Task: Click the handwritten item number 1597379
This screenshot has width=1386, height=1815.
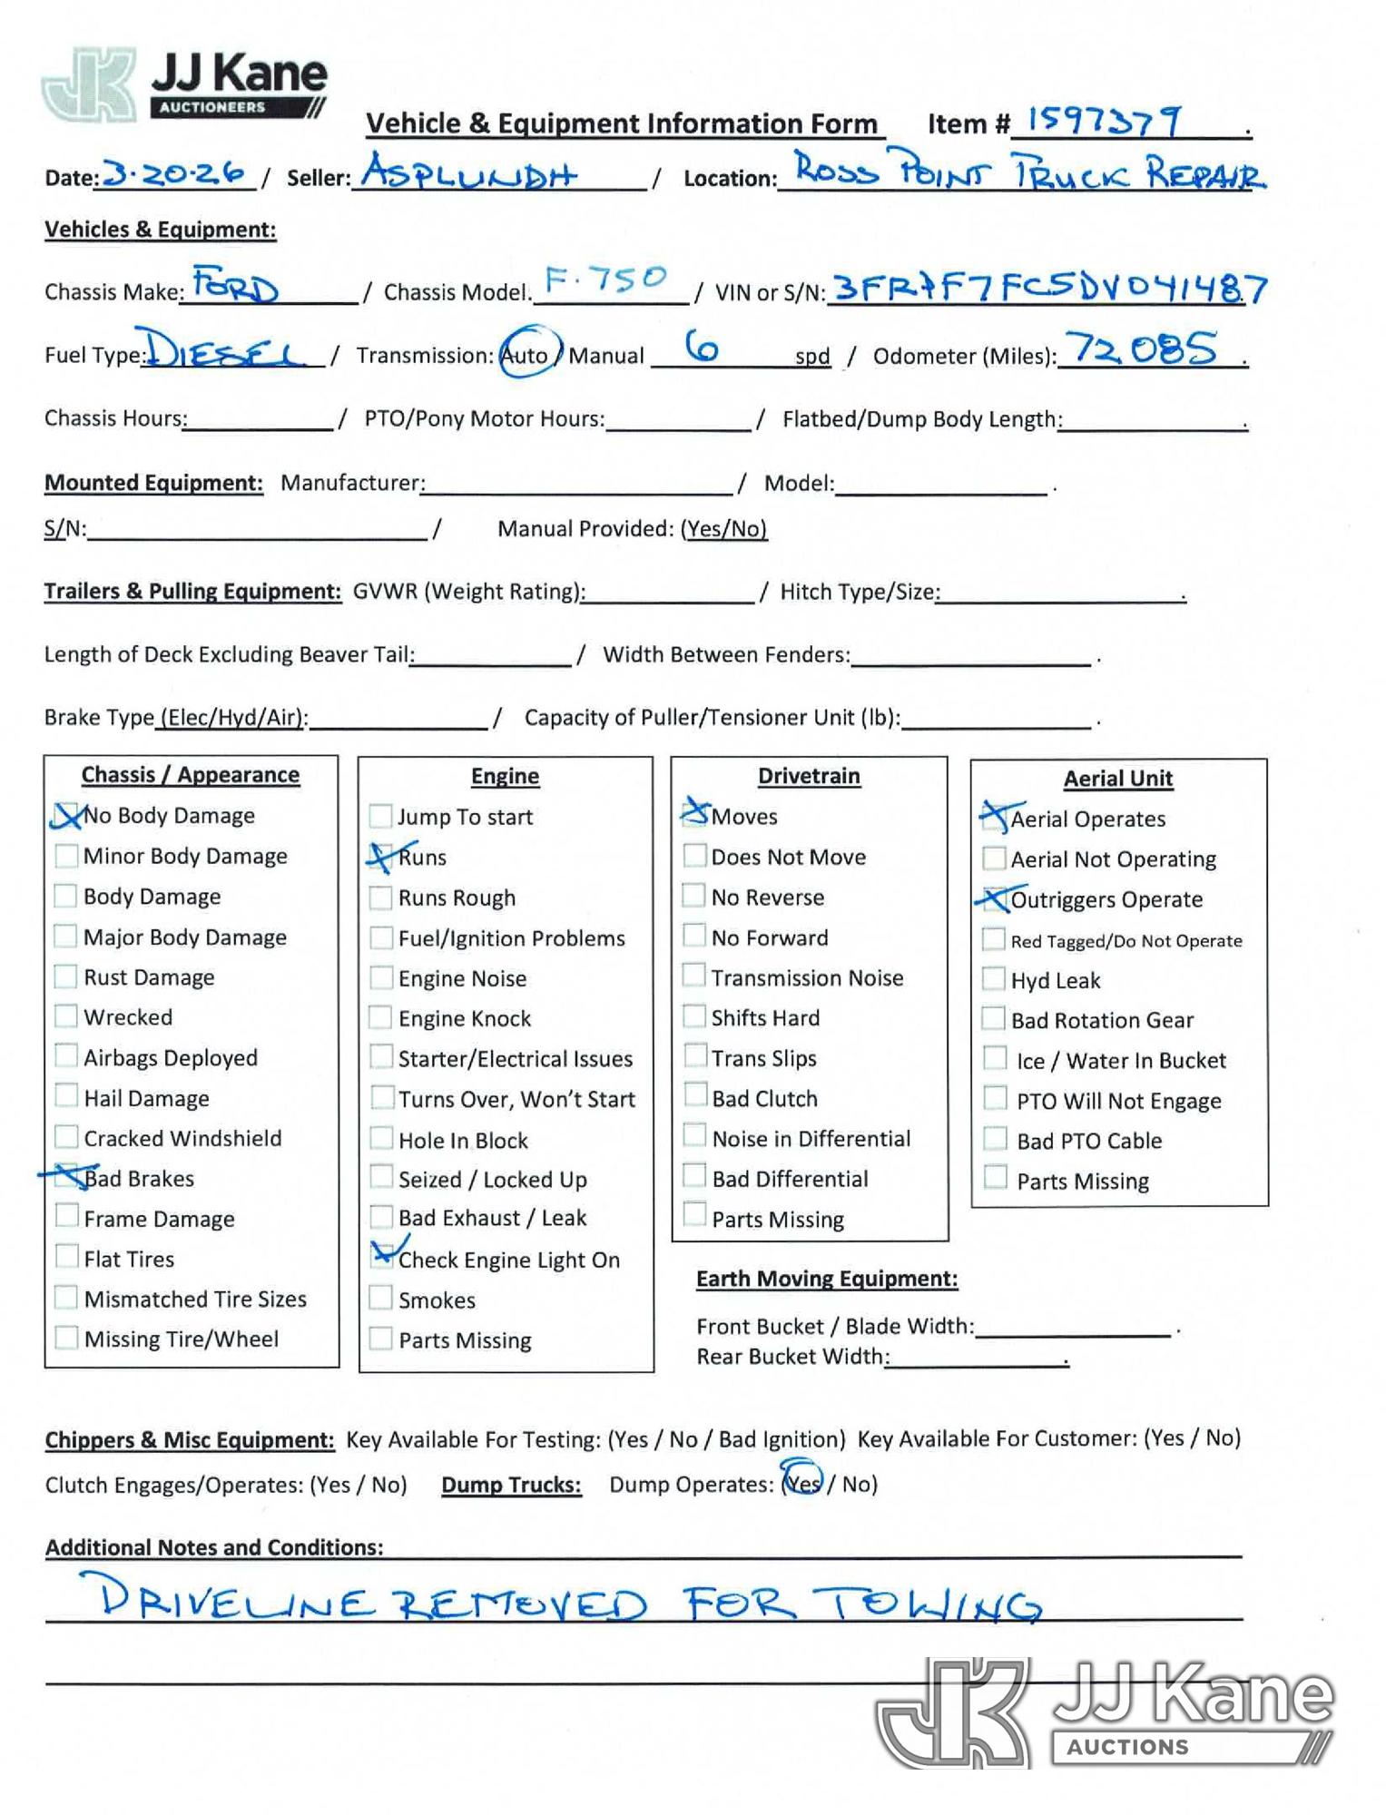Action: (1104, 120)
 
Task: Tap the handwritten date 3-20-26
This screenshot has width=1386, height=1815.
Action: (175, 172)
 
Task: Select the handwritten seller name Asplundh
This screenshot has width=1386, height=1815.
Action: (468, 171)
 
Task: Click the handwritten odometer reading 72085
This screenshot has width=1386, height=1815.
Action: (1141, 349)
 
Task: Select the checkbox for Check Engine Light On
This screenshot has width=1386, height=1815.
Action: (382, 1257)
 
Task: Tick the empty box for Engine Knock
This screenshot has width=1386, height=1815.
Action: (381, 1017)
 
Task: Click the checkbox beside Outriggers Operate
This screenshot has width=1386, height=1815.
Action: (995, 898)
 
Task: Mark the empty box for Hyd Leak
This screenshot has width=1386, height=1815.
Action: (995, 979)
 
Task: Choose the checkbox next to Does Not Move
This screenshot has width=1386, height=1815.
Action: (694, 856)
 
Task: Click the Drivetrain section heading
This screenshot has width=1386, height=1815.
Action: (809, 776)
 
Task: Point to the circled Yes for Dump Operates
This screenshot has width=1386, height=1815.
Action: (802, 1483)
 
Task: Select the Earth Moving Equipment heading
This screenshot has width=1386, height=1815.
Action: (827, 1279)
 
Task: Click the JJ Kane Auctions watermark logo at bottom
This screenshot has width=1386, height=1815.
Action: (1104, 1712)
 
